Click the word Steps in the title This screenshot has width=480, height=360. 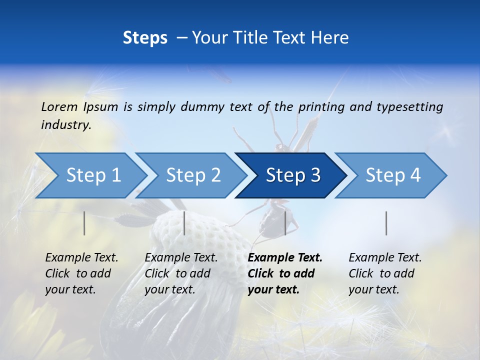[x=145, y=38]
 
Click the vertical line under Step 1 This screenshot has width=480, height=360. [x=84, y=223]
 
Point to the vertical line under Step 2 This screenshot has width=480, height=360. [x=184, y=223]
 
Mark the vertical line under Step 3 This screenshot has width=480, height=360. [x=285, y=223]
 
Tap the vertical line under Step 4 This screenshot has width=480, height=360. [x=386, y=223]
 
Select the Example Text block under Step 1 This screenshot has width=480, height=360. [x=81, y=273]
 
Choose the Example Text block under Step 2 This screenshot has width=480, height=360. [x=181, y=273]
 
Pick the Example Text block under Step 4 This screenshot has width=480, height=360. [x=385, y=273]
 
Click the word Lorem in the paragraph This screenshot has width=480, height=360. [x=59, y=106]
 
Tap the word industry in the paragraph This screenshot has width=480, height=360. [x=66, y=125]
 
